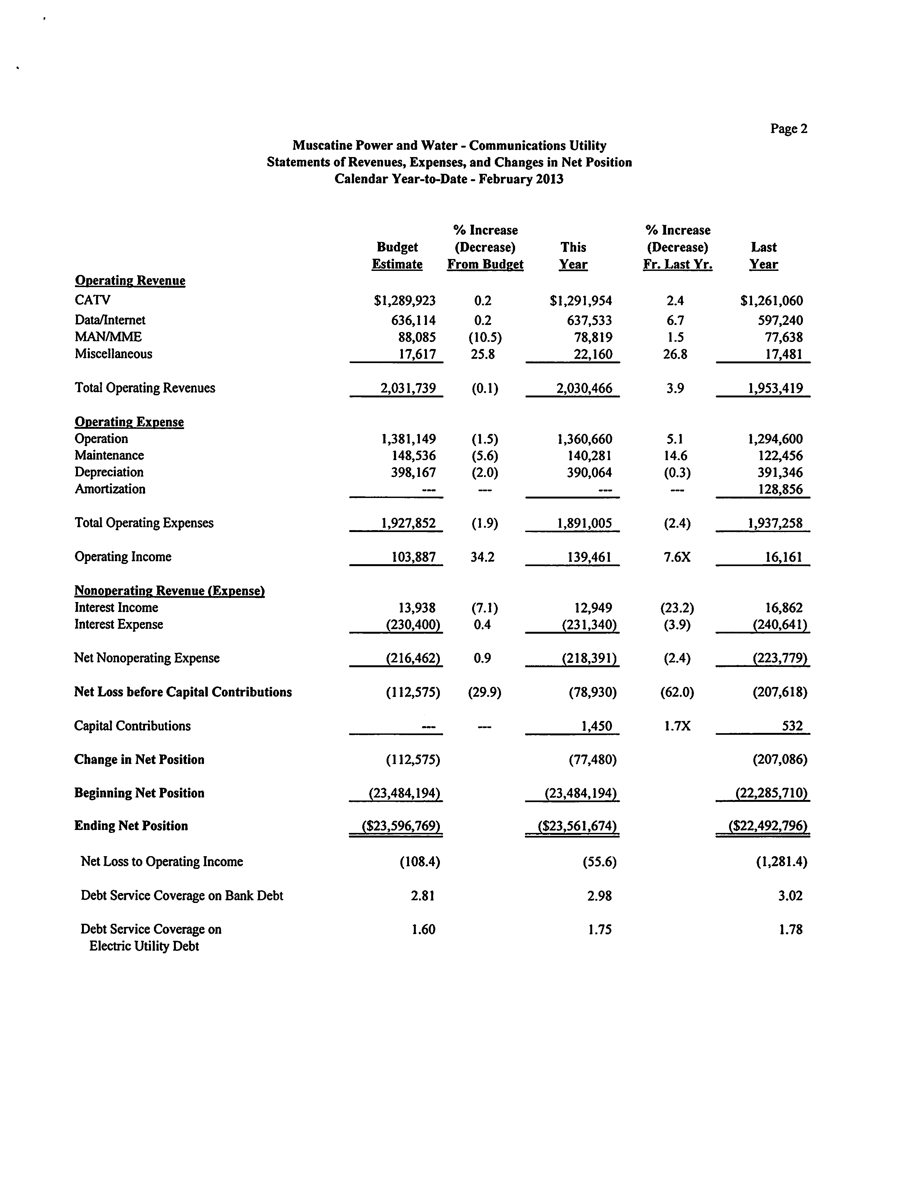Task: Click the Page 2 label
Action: pos(788,129)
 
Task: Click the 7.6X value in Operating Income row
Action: pos(677,557)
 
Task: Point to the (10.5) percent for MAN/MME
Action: pos(485,337)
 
